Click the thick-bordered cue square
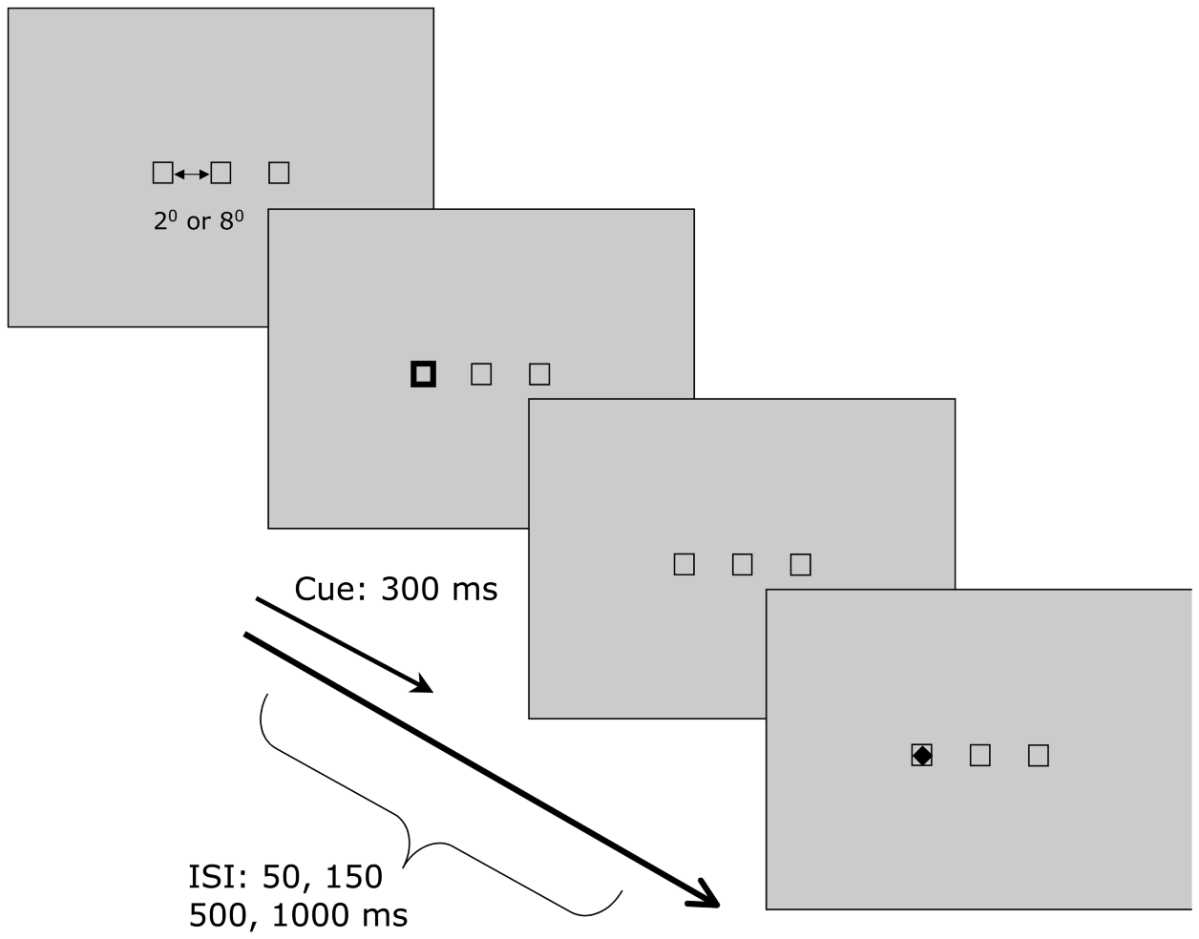tap(423, 374)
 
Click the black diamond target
tap(921, 756)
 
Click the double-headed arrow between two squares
tap(192, 174)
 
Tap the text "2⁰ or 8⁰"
tap(199, 221)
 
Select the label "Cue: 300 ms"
tap(395, 589)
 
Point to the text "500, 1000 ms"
tap(298, 915)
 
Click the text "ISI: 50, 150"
tap(285, 876)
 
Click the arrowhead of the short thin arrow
tap(423, 685)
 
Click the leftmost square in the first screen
tap(162, 173)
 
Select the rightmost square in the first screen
tap(279, 173)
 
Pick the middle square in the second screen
tap(481, 374)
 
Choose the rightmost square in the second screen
tap(539, 374)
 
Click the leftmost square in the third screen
tap(684, 564)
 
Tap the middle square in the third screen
tap(742, 565)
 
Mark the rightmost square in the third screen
tap(801, 565)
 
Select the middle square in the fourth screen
tap(979, 756)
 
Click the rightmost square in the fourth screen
tap(1039, 756)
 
